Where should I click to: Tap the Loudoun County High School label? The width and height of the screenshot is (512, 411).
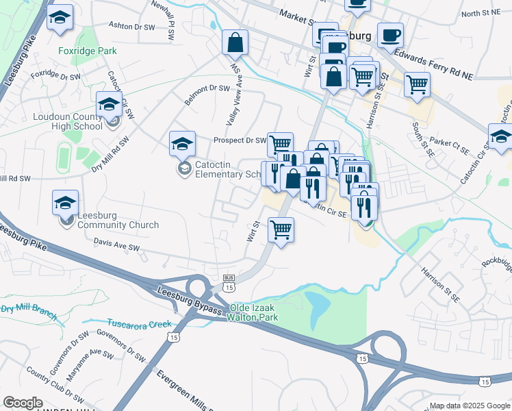[68, 121]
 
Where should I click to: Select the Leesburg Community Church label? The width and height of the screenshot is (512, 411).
[118, 225]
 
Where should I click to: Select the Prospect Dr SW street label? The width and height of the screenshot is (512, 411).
[239, 140]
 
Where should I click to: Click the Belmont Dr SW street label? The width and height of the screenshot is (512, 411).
[209, 88]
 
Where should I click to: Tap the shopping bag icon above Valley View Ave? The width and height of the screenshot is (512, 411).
[235, 42]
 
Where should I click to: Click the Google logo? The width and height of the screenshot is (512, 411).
[23, 403]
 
